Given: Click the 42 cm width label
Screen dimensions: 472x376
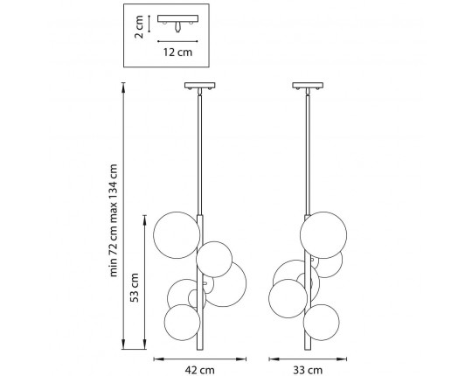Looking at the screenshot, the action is coord(199,370).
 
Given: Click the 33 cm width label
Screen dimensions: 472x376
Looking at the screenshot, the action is coord(308,370).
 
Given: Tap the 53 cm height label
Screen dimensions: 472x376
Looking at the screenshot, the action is coord(135,288).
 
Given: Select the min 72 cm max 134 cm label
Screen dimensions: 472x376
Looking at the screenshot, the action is coord(113,220).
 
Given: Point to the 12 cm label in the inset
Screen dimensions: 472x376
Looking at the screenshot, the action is coord(177,52).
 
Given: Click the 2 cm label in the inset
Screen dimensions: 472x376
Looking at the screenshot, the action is coord(139,27).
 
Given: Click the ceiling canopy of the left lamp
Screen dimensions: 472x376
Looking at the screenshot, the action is coord(200,86).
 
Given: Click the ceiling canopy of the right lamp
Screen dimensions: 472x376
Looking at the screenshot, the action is coord(308,86).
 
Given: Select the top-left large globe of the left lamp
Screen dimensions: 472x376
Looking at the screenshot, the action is coord(177,235).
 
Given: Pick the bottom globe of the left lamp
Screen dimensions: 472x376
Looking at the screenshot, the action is coord(182,323).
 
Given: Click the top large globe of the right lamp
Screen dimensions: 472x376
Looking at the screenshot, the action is coord(323,235).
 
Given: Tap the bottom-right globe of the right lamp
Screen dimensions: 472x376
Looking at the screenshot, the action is coord(321,323).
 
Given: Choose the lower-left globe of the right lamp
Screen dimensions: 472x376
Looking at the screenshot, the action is coord(288,298).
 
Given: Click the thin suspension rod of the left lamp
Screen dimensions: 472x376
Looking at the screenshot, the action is coord(199,155).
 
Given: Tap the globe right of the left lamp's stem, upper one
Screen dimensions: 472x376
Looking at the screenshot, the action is coord(214,259).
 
